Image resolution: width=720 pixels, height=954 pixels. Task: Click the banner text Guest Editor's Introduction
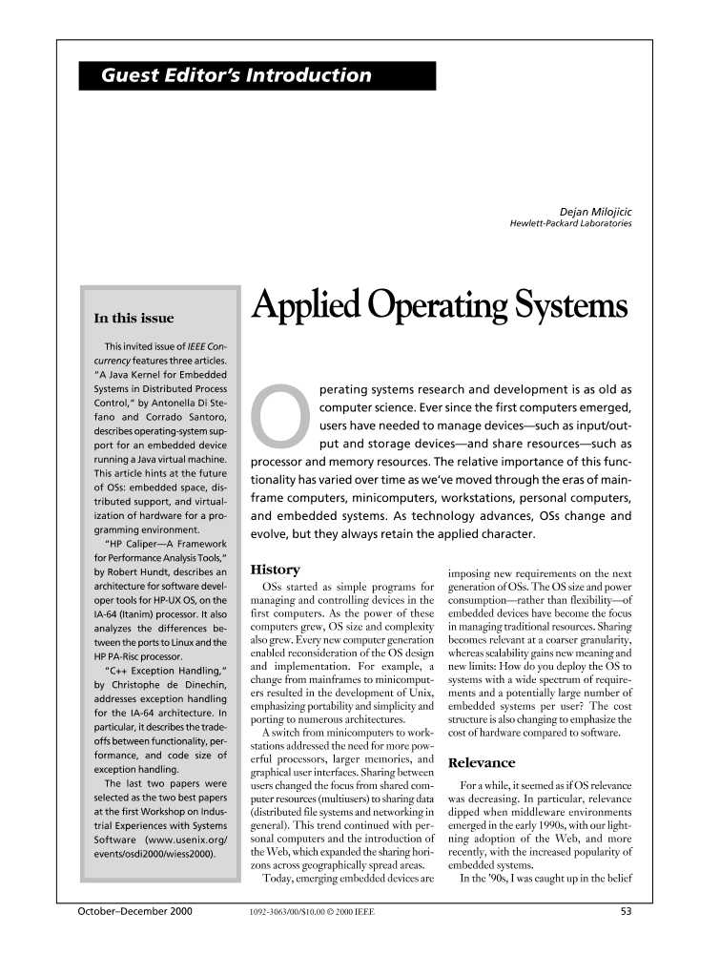pos(237,76)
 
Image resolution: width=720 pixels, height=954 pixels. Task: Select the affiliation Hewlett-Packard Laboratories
pos(571,225)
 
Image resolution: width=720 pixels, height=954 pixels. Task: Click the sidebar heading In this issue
pos(134,318)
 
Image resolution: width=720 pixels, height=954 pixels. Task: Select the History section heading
pos(274,570)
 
